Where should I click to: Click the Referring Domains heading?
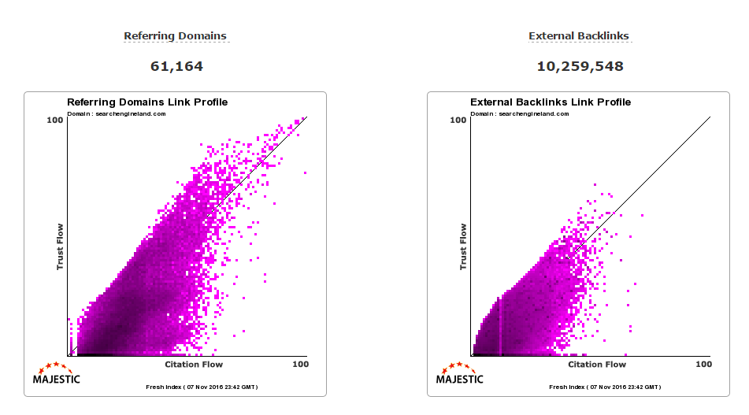175,36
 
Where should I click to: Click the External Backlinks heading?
579,36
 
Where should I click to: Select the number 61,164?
176,66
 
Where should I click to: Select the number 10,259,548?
580,66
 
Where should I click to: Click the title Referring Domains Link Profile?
147,102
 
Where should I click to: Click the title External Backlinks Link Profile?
551,102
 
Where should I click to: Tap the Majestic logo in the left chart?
56,374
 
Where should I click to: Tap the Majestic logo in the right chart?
459,374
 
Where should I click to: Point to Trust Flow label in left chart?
60,247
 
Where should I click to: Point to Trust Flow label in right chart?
463,247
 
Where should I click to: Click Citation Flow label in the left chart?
194,365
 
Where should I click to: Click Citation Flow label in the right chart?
597,365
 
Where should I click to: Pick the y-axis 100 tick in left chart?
54,120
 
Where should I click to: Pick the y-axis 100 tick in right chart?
458,120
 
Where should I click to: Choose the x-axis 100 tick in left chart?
300,365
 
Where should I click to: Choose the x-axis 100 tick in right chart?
703,365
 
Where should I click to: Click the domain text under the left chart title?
116,113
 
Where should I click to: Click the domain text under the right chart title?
519,113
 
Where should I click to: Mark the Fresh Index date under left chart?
202,387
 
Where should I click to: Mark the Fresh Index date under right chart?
605,387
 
